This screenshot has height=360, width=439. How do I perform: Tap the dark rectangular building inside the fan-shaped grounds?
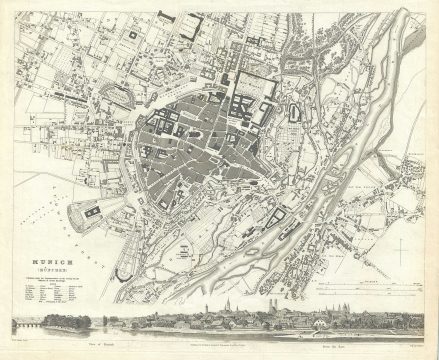click(x=91, y=211)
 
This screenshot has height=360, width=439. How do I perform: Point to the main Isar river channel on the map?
click(x=330, y=150)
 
